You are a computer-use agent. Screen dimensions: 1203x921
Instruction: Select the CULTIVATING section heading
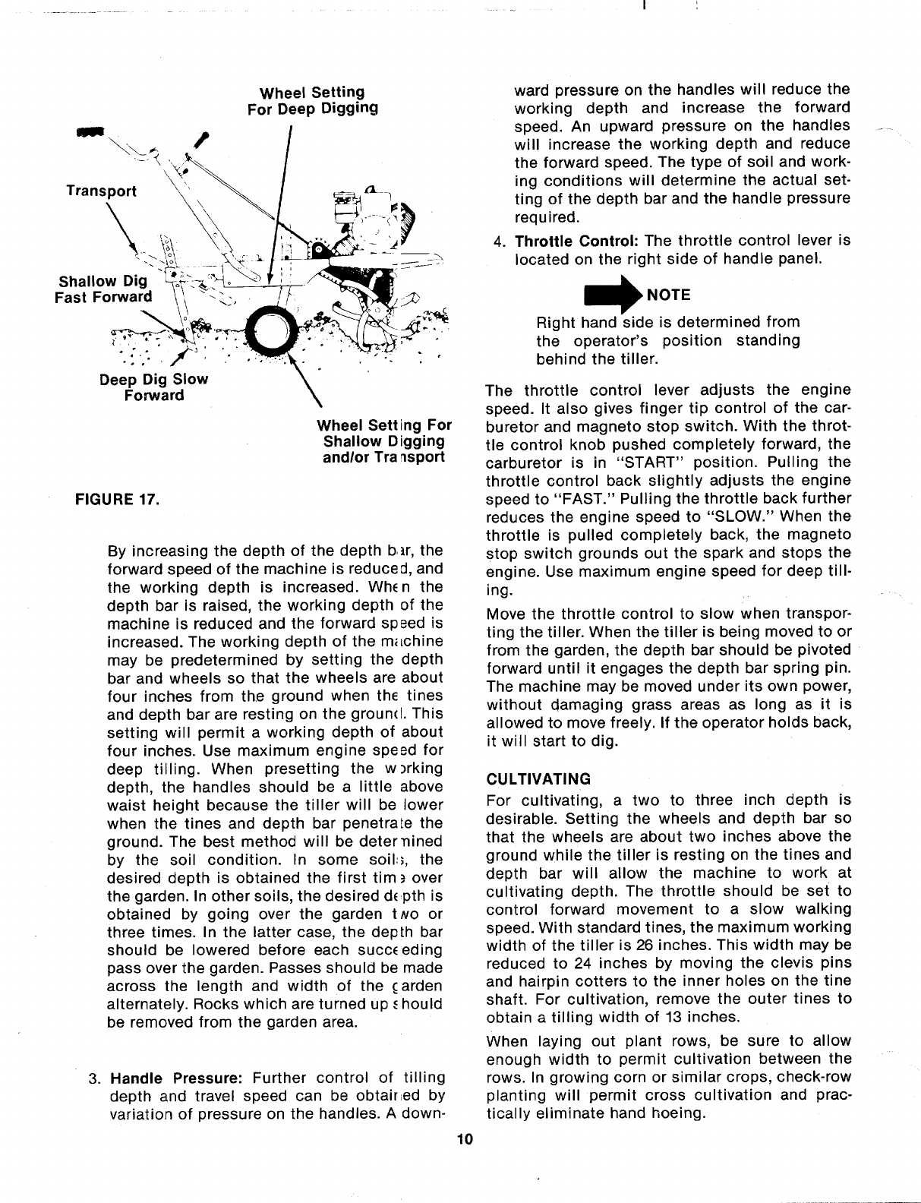538,778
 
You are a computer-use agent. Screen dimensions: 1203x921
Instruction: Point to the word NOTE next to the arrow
669,294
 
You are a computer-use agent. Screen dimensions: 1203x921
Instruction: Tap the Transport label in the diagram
101,191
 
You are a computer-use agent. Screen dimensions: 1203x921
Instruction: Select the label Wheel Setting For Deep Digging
312,100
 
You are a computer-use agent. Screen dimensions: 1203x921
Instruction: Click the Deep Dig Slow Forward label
153,387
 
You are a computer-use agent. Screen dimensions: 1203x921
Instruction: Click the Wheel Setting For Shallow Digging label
383,441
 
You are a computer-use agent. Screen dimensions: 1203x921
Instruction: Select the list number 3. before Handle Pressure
95,1078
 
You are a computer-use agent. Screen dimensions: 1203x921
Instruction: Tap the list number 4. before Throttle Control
499,242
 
